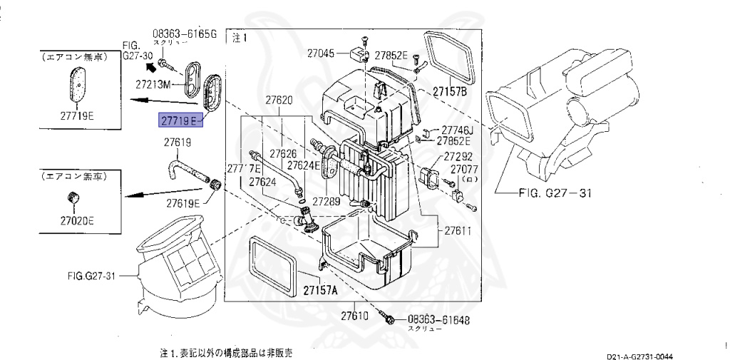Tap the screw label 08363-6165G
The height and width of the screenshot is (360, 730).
click(183, 34)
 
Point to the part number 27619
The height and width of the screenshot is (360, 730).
click(178, 143)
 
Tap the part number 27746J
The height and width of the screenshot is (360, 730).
click(457, 130)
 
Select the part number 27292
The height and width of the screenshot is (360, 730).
click(458, 156)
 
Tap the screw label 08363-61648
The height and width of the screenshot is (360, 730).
click(438, 320)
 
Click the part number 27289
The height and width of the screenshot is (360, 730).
click(326, 202)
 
